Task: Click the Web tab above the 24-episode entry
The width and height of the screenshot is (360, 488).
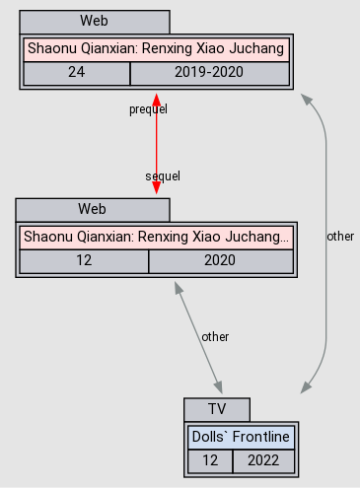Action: tap(94, 21)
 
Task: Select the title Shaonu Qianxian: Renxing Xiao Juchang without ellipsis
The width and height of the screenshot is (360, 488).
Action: tap(156, 47)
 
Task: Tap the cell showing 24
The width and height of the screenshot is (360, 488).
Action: tap(76, 73)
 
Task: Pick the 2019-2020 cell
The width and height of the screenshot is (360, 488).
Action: tap(208, 73)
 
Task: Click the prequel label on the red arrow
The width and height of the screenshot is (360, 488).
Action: tap(148, 108)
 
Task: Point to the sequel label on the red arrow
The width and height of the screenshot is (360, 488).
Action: tap(163, 175)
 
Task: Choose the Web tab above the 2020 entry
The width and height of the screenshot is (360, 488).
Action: tap(92, 209)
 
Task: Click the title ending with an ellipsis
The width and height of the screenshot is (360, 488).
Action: tap(156, 237)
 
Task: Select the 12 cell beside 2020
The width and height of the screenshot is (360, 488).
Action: tap(84, 261)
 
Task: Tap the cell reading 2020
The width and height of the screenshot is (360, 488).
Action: tap(220, 261)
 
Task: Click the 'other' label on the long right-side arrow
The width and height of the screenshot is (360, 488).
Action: tap(340, 237)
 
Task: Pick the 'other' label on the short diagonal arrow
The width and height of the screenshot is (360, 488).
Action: tap(215, 336)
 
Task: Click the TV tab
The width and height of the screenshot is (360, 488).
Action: tap(217, 409)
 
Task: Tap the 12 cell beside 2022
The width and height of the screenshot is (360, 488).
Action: tap(209, 460)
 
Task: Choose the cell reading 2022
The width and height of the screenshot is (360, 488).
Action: tap(262, 460)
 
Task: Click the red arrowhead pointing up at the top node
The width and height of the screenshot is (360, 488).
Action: tap(156, 100)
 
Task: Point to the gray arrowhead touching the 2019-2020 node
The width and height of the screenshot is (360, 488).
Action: tap(309, 100)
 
